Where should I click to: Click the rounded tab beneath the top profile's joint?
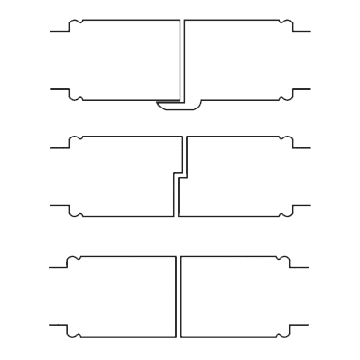pyautogui.click(x=177, y=106)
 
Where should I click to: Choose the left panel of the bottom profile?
pyautogui.click(x=126, y=295)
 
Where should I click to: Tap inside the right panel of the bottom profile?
pyautogui.click(x=234, y=295)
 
